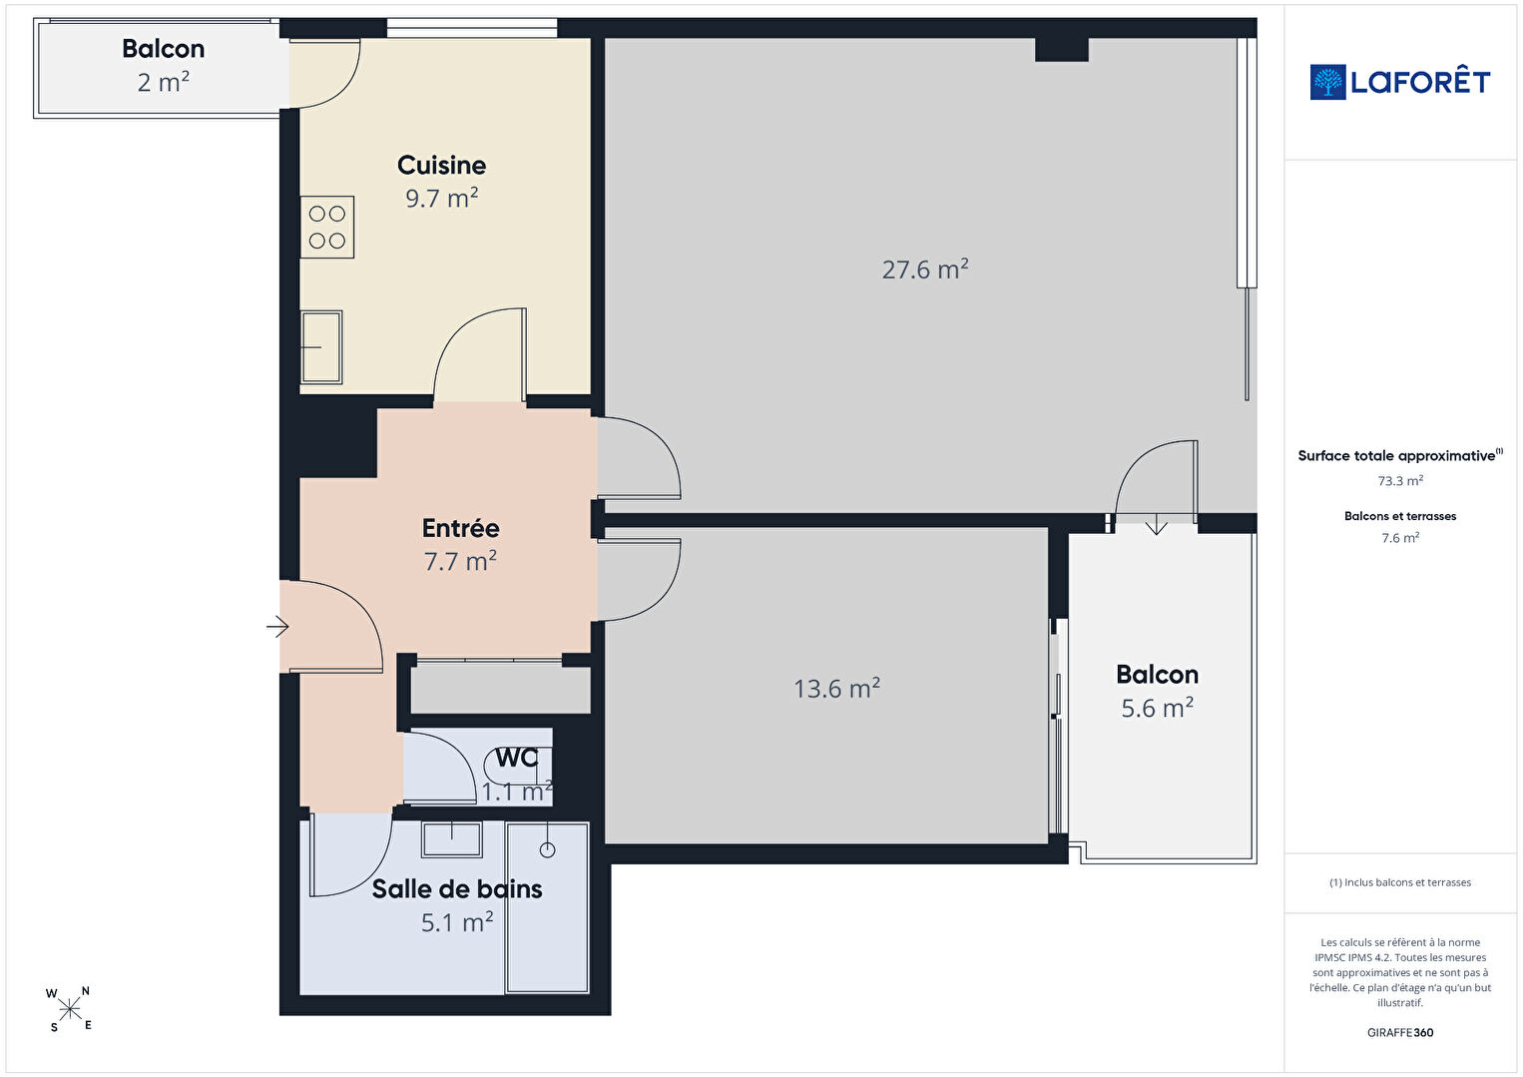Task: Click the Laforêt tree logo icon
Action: click(1327, 82)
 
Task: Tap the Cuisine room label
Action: click(441, 166)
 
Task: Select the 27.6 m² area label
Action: click(924, 269)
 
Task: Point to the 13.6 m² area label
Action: click(837, 688)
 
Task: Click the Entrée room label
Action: click(460, 528)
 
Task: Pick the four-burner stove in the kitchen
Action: click(327, 228)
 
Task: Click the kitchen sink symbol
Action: click(321, 347)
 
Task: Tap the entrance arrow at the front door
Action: click(277, 626)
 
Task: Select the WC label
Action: click(517, 758)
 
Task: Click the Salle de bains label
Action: click(457, 889)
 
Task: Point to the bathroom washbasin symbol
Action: click(451, 839)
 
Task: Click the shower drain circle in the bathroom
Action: click(547, 849)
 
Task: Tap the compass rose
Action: click(69, 1009)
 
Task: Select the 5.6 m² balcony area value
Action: click(1157, 708)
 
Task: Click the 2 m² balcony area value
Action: click(164, 82)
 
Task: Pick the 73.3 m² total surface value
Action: click(1400, 481)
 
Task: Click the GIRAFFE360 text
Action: click(1400, 1032)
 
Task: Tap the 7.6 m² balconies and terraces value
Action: click(1400, 538)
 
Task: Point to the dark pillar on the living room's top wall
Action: click(1061, 50)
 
